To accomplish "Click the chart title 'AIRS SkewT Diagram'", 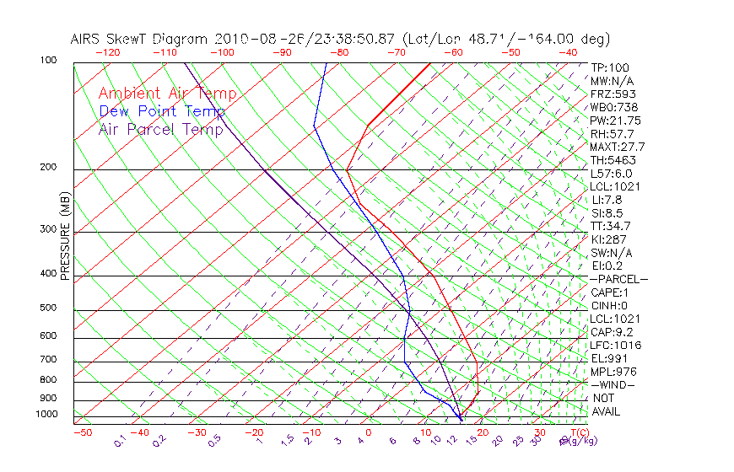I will (x=140, y=39).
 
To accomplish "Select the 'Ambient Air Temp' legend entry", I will (x=168, y=94).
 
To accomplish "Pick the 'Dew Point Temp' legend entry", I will (x=162, y=111).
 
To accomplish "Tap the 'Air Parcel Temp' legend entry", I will (x=161, y=129).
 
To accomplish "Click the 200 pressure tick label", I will (x=49, y=167).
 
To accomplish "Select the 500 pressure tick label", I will (x=49, y=308).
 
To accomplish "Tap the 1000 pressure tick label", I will (x=46, y=415).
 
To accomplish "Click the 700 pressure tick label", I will (x=49, y=360).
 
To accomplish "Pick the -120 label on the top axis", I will (x=107, y=52).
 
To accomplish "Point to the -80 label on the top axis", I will (x=339, y=52).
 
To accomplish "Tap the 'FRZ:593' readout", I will (x=613, y=94).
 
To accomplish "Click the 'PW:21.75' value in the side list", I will (x=616, y=121).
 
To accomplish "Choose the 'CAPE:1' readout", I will (x=610, y=292).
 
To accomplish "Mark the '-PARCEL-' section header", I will (x=619, y=279).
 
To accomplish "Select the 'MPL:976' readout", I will (x=613, y=372).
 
